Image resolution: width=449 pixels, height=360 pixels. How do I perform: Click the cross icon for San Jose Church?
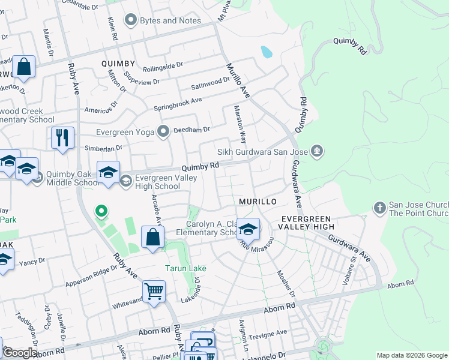point(379,208)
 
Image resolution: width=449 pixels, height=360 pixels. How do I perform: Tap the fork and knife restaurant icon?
point(62,138)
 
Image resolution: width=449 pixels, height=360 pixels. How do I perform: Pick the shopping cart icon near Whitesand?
point(154,292)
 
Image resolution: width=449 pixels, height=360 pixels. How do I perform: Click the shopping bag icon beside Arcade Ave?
point(153,236)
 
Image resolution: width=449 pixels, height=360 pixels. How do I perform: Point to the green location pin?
point(101,211)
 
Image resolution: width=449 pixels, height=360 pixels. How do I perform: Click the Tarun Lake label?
point(184,268)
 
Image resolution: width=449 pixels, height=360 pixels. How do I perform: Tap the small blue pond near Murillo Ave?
point(266,52)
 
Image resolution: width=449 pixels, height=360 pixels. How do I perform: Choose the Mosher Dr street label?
point(286,283)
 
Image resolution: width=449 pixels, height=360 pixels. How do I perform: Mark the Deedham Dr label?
point(191,129)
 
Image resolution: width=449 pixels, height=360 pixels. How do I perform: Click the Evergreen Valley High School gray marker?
point(126,181)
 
